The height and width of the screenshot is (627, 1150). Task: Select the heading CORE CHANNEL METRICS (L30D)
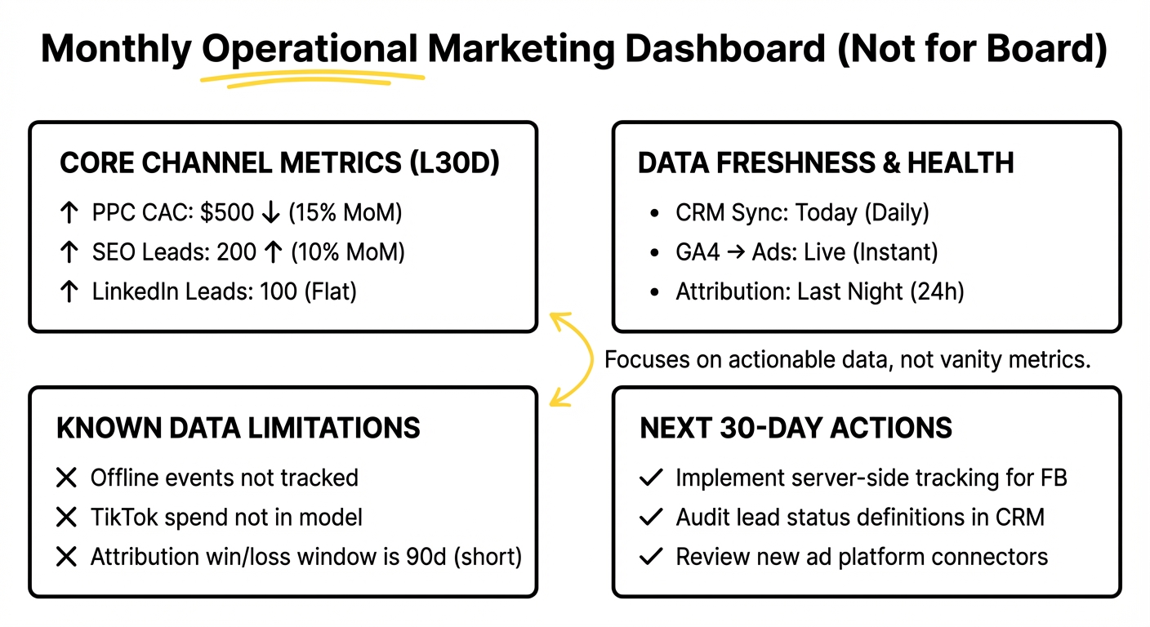[x=279, y=163]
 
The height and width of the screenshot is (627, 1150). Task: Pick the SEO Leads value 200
[x=237, y=252]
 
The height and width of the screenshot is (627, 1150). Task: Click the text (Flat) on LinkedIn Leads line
[x=330, y=291]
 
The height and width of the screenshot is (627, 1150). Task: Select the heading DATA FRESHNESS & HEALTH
[x=825, y=163]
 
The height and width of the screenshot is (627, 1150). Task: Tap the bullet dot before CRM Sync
[x=654, y=214]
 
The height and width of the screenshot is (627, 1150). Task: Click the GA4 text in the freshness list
[x=698, y=252]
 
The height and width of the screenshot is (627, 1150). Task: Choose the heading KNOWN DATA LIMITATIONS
[x=238, y=428]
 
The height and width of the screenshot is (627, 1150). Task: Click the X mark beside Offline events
[x=66, y=478]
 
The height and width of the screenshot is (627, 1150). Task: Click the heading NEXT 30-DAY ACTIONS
[x=796, y=428]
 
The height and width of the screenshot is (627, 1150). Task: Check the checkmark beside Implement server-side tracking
[x=650, y=478]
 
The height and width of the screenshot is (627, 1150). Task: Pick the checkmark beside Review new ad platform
[x=650, y=557]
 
